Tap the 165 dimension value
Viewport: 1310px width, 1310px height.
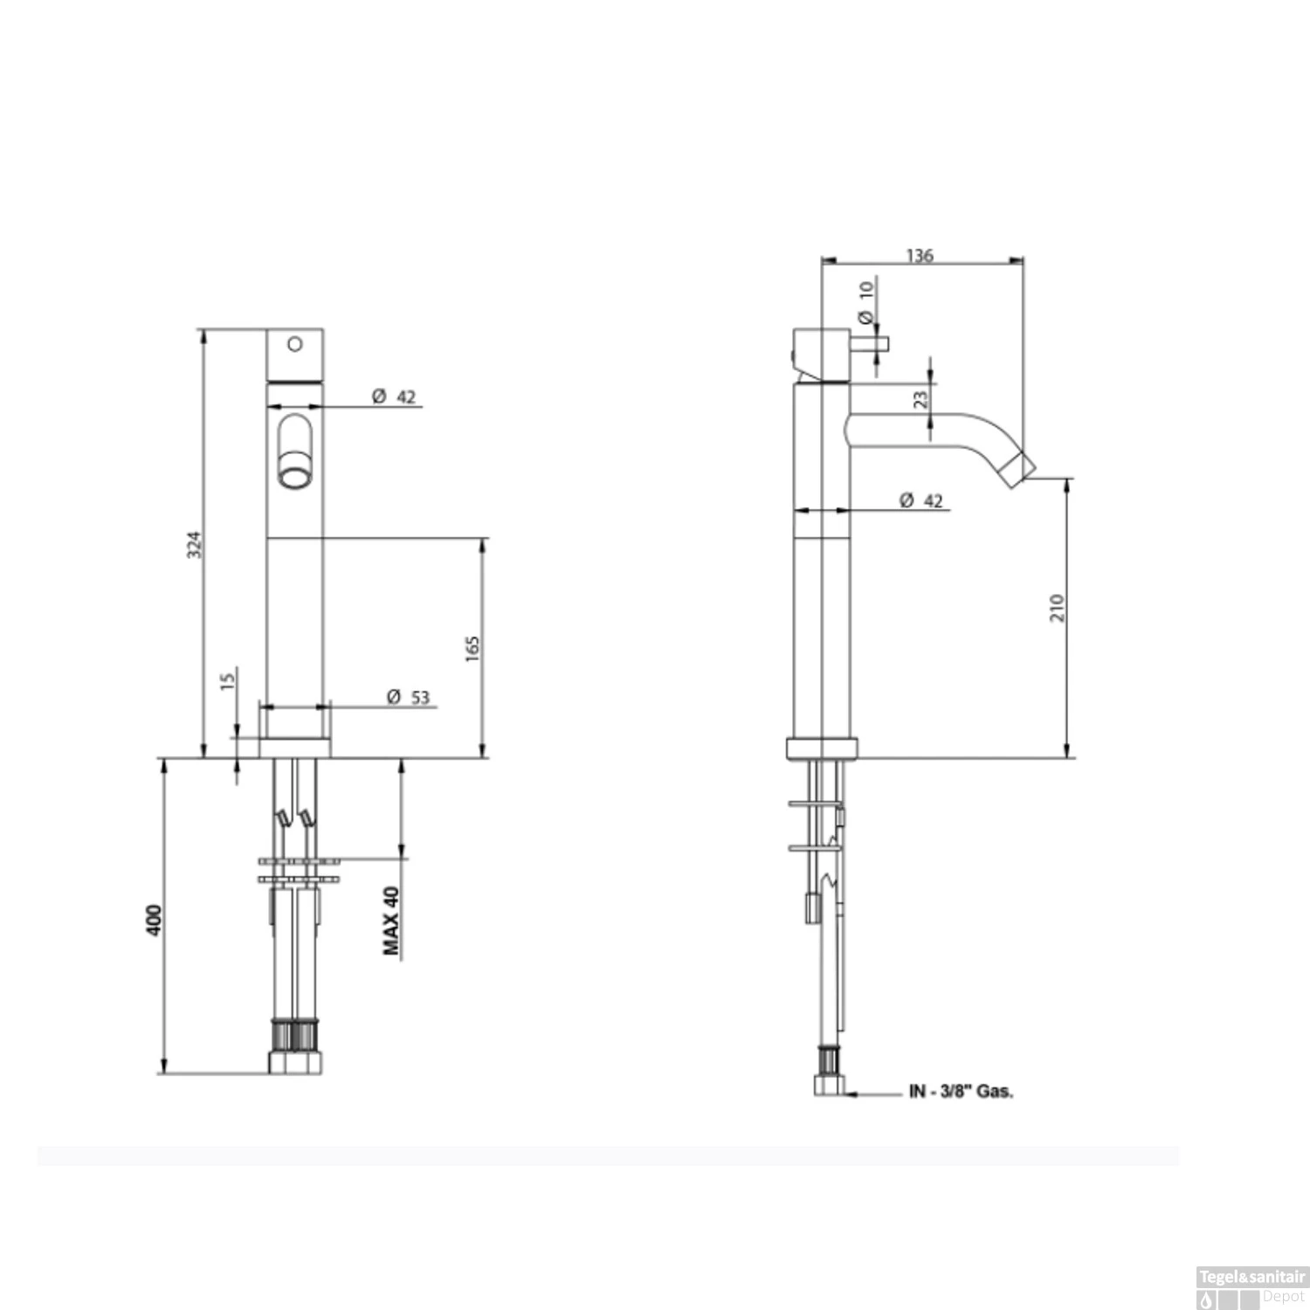[472, 648]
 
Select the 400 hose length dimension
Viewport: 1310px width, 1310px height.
[154, 920]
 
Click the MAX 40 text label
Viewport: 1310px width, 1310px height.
[391, 920]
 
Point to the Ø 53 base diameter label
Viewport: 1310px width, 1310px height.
[409, 697]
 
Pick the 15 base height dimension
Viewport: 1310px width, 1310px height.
[228, 679]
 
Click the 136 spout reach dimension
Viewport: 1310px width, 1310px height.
[920, 255]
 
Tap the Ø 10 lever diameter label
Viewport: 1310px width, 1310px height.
[865, 302]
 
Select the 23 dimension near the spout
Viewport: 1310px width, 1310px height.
[920, 400]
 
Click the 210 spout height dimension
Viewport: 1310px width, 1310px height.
[1058, 608]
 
